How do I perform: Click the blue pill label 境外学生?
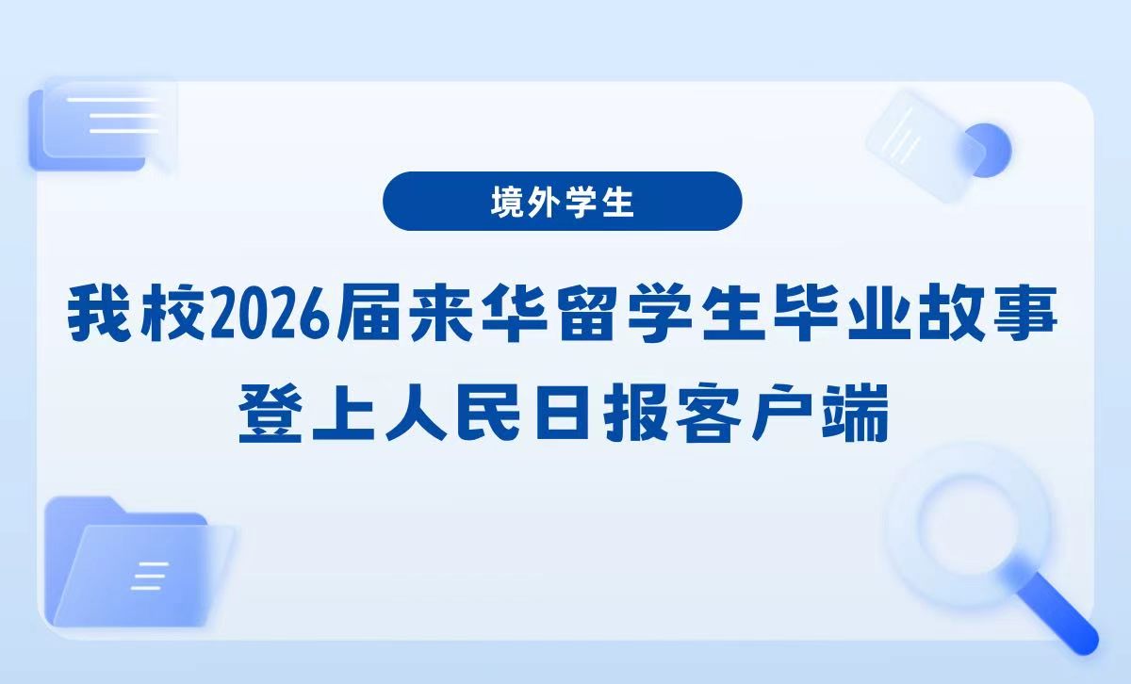563,202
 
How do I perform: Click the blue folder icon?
138,562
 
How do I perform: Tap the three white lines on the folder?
150,576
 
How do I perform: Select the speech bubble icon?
103,126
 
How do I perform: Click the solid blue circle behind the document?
986,150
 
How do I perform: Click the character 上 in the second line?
343,414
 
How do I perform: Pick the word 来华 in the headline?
479,314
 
